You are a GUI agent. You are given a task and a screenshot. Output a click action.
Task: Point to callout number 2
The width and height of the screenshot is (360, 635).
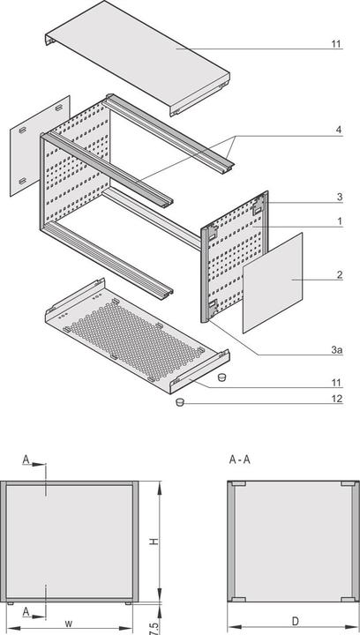pyautogui.click(x=338, y=276)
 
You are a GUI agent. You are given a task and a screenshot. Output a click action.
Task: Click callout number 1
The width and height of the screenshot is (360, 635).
pyautogui.click(x=338, y=222)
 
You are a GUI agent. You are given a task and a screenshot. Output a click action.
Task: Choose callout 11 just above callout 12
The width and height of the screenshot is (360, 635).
pyautogui.click(x=335, y=383)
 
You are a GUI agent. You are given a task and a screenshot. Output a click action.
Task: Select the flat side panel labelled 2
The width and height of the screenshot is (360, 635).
pyautogui.click(x=273, y=281)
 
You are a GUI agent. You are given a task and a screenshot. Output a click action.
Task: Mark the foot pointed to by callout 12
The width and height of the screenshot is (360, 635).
pyautogui.click(x=180, y=402)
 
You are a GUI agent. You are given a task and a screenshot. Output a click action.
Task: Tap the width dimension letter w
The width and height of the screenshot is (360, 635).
pyautogui.click(x=68, y=624)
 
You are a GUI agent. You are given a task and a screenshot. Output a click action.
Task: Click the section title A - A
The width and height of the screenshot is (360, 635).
pyautogui.click(x=239, y=459)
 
